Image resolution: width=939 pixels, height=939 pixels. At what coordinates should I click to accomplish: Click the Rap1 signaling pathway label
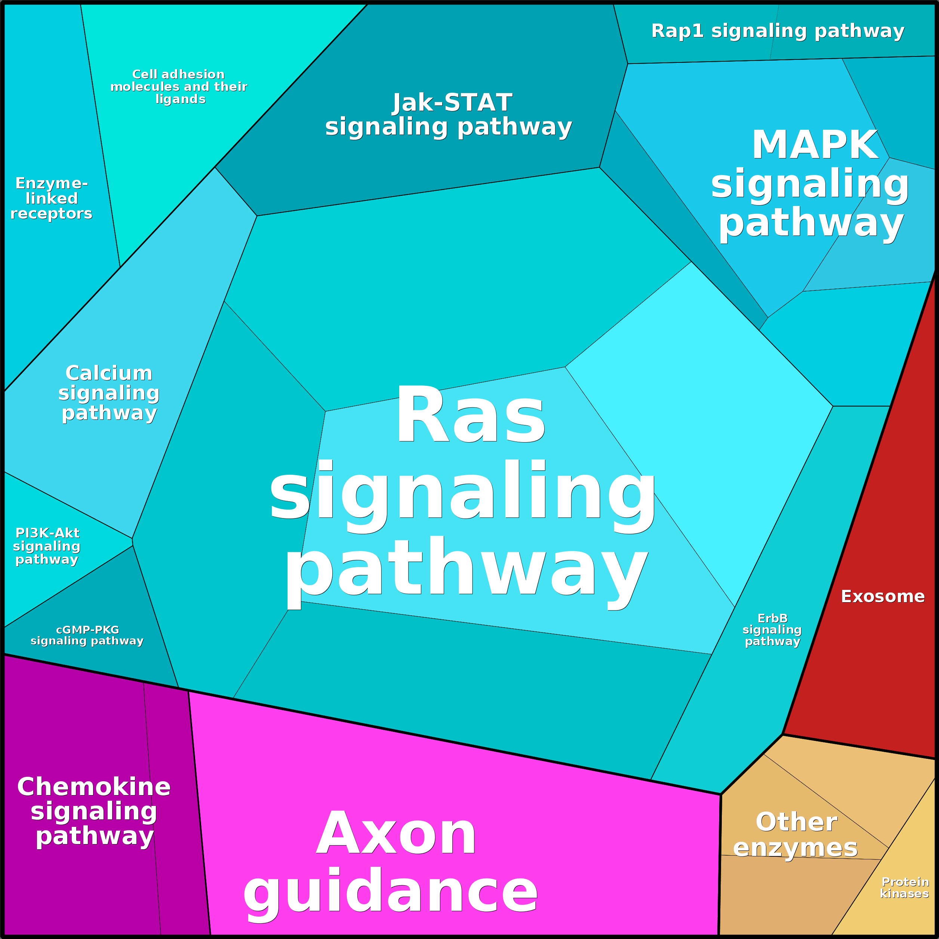(777, 31)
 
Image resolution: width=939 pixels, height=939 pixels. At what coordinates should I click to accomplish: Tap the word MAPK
(815, 145)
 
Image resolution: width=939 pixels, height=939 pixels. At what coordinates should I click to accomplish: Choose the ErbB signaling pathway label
(772, 630)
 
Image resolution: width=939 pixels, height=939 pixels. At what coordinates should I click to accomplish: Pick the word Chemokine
(94, 786)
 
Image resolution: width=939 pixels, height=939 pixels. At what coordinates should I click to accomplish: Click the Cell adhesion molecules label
(179, 86)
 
